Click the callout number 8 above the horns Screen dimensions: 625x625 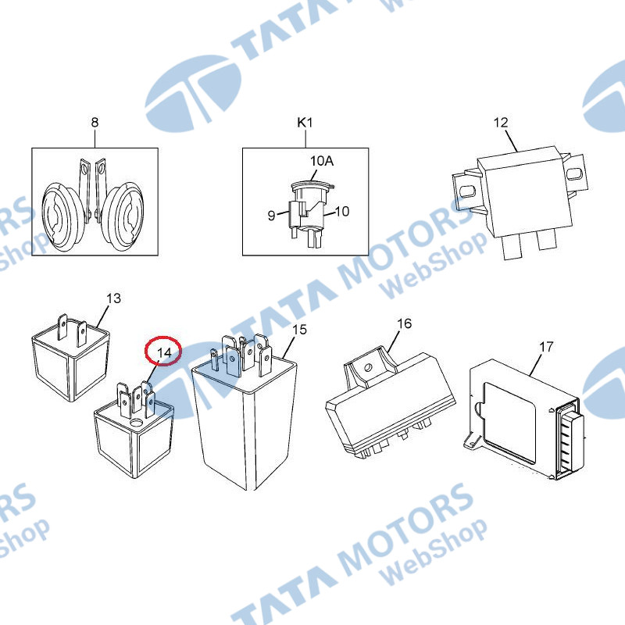(x=95, y=122)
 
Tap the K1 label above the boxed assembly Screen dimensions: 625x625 (x=305, y=123)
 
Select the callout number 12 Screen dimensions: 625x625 (x=501, y=123)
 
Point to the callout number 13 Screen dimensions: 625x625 (x=113, y=298)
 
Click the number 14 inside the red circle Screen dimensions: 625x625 (x=164, y=352)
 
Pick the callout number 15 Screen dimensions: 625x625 (x=300, y=330)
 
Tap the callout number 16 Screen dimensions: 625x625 (x=404, y=323)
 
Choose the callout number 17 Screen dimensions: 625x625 (x=546, y=347)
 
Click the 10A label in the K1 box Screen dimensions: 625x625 (x=322, y=161)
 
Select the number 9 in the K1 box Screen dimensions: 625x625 (x=271, y=216)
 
